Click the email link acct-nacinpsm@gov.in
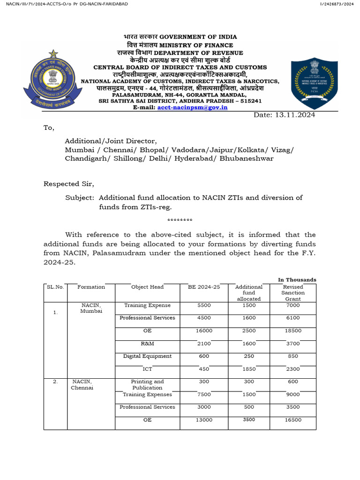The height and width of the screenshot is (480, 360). [192, 107]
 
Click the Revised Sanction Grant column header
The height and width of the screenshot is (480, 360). [293, 292]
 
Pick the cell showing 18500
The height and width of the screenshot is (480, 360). [293, 330]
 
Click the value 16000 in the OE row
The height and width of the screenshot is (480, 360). [204, 330]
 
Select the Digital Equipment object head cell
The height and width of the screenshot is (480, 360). [148, 356]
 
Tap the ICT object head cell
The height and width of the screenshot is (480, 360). [148, 369]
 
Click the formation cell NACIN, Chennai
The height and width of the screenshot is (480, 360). [82, 385]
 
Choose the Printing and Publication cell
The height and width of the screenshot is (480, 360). [148, 384]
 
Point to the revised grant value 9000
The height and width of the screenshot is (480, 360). [293, 395]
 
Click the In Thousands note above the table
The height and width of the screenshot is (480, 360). [297, 280]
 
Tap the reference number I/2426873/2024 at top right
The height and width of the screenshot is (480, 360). [337, 4]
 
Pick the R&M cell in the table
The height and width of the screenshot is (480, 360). [148, 344]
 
